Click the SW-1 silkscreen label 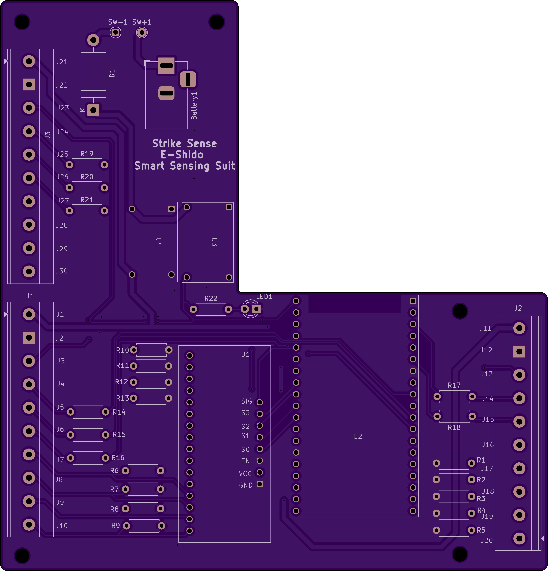pyautogui.click(x=117, y=22)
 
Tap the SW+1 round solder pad pyautogui.click(x=142, y=32)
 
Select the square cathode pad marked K pyautogui.click(x=93, y=110)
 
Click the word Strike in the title pyautogui.click(x=167, y=144)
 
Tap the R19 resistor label pyautogui.click(x=87, y=154)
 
